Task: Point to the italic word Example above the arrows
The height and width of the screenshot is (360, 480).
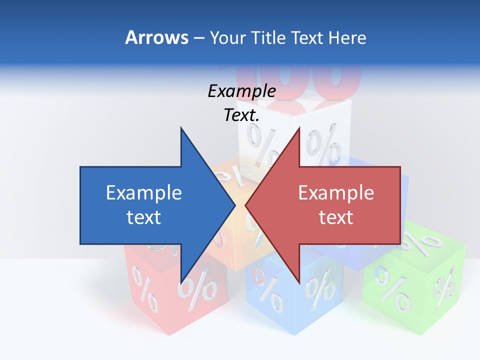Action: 241,91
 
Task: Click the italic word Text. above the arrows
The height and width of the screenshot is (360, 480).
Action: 241,115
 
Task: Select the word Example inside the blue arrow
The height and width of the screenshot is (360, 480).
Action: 144,192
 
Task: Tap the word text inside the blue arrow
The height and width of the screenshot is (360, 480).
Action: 144,217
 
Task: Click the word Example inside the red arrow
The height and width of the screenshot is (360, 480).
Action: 336,192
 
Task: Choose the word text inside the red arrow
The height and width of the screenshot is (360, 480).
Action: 336,217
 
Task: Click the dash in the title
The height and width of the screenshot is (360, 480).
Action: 198,38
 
